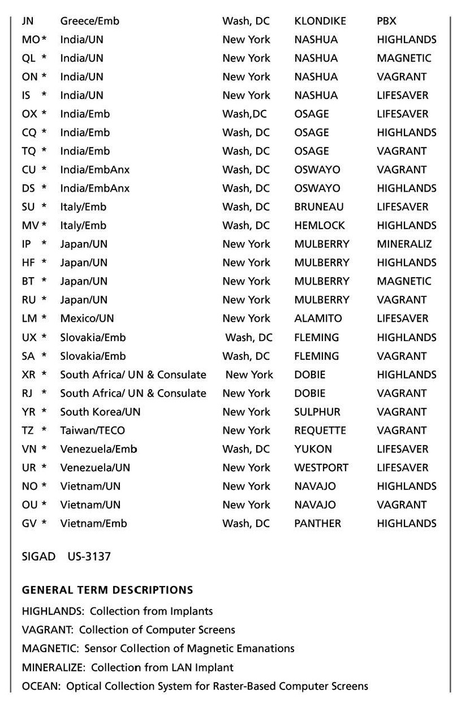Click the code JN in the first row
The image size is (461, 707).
coord(28,21)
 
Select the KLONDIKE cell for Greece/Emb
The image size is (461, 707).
coord(320,21)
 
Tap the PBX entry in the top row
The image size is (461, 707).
coord(386,21)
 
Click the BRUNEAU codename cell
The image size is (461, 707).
coord(318,207)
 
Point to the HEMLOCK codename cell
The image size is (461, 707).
coord(319,226)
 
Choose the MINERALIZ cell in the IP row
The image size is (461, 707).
coord(404,244)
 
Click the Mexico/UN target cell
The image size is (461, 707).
coord(87,318)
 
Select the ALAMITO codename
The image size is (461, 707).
coord(318,318)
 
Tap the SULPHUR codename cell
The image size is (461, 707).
coord(317,412)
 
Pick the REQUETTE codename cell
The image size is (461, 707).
coord(320,430)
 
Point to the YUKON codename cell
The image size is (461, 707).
coord(313,449)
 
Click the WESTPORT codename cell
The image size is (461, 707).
coord(321,468)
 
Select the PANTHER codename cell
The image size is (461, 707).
coord(317,524)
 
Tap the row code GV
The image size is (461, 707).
coord(29,524)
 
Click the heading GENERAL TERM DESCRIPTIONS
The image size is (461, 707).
coord(107,590)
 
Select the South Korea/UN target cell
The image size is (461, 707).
coord(100,412)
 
